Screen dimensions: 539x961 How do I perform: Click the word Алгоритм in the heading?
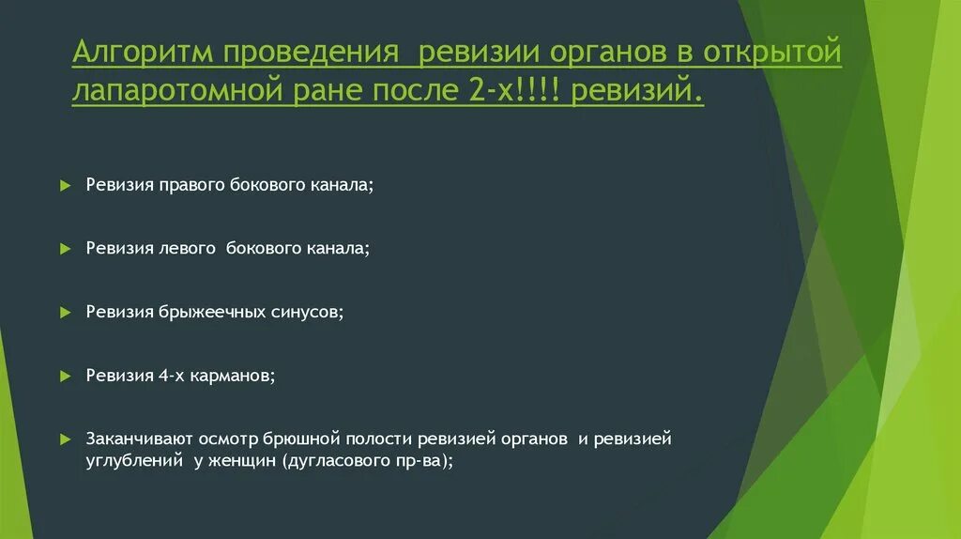click(x=142, y=54)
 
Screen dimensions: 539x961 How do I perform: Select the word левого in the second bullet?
click(x=188, y=249)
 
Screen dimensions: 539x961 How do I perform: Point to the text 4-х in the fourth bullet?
click(x=171, y=375)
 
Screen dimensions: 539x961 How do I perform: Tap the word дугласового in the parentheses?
click(x=340, y=461)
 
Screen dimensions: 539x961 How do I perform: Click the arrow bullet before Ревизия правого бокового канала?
click(x=65, y=186)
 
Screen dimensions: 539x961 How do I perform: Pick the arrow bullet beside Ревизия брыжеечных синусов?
click(x=65, y=312)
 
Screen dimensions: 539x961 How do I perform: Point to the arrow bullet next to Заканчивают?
click(x=65, y=439)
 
